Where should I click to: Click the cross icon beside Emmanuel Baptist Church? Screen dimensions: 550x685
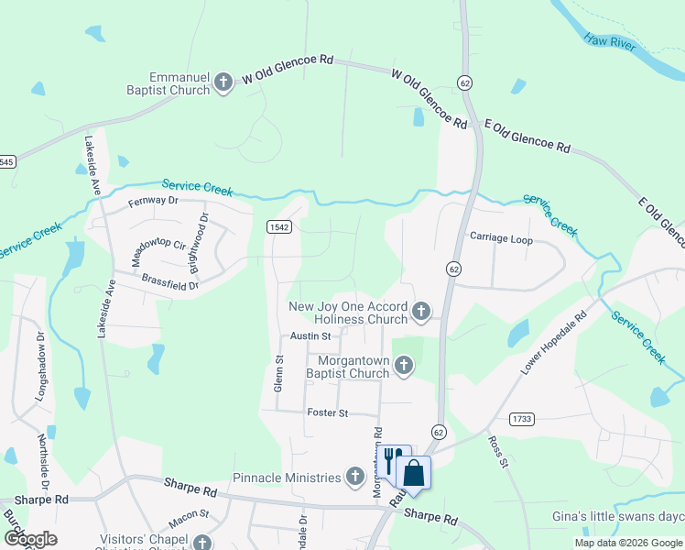(223, 83)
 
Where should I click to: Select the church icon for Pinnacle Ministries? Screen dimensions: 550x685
(355, 477)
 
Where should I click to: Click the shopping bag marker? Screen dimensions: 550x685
(414, 473)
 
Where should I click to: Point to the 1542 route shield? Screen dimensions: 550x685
(279, 226)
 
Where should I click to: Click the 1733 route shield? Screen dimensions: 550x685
(522, 418)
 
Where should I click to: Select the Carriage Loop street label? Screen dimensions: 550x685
(501, 239)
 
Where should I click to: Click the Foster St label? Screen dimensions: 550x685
(328, 413)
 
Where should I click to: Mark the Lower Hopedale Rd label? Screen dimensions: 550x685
(553, 346)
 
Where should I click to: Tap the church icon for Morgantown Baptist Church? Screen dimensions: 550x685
(403, 367)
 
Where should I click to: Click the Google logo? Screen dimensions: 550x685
(29, 539)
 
